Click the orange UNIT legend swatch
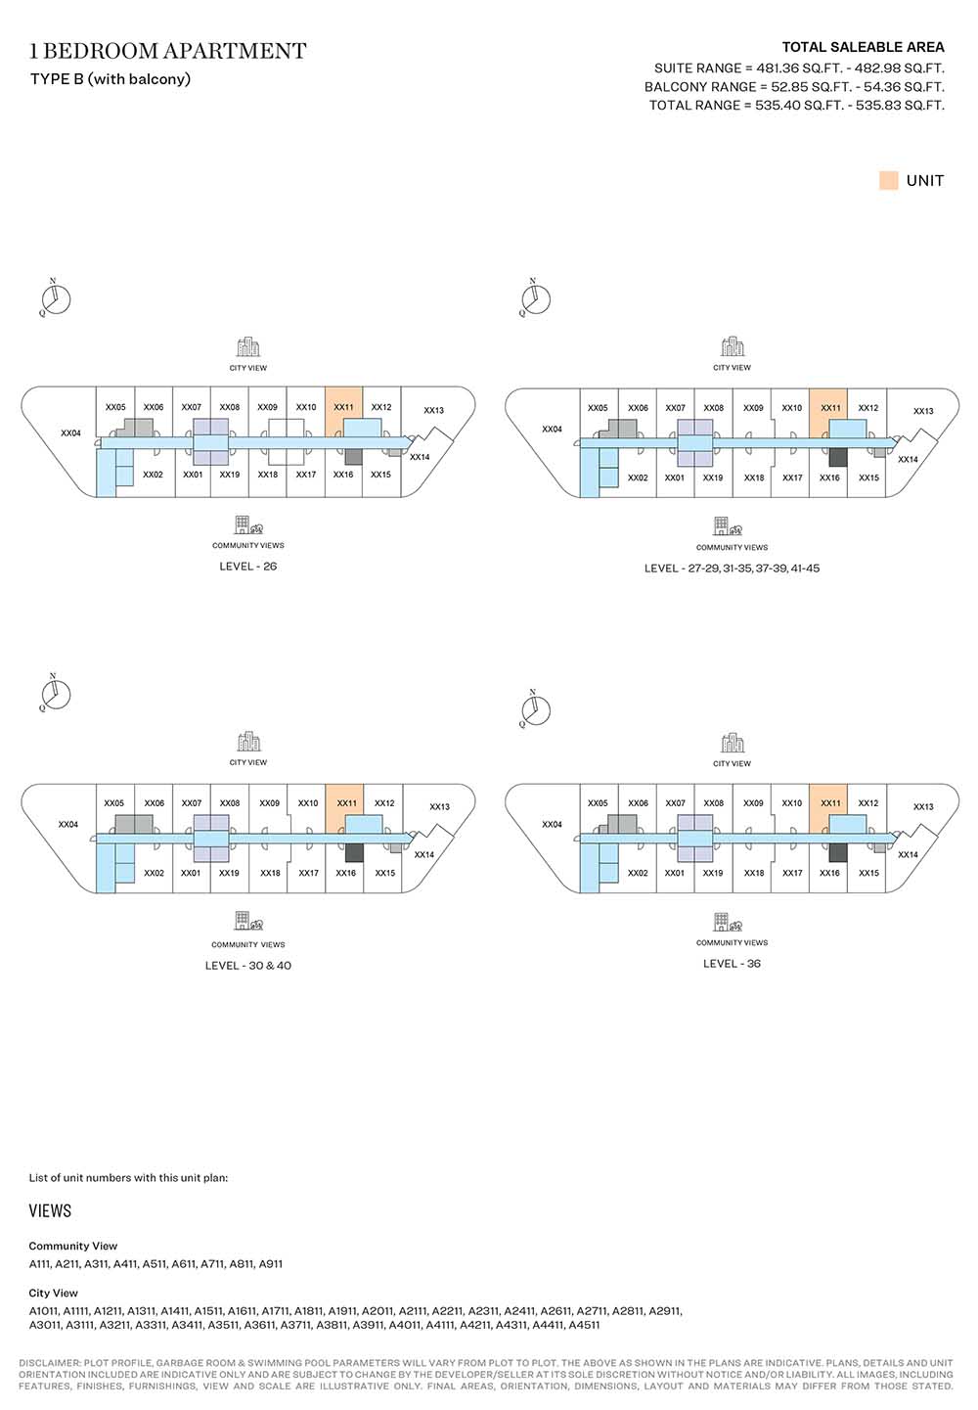[888, 181]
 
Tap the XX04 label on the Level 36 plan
[552, 824]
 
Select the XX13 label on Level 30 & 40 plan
[439, 806]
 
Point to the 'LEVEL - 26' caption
[248, 566]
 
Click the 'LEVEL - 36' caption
[732, 963]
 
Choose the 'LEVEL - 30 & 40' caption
[248, 965]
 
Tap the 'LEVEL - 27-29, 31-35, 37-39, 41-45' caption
[732, 568]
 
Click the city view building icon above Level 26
[248, 346]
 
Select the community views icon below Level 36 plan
[729, 922]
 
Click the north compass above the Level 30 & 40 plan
[55, 694]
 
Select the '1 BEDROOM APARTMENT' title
[168, 51]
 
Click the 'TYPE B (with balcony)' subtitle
[111, 79]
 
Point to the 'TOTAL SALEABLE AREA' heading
[863, 47]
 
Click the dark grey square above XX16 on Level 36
[837, 853]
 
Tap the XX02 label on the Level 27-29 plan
[638, 478]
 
